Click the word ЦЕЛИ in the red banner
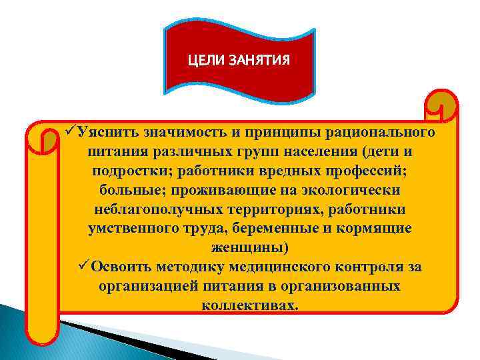click(x=207, y=61)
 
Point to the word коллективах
click(x=249, y=305)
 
